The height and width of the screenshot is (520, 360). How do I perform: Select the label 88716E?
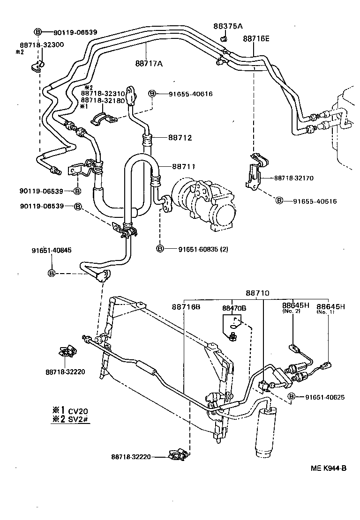pos(256,39)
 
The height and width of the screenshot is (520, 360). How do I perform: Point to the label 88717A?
pos(149,64)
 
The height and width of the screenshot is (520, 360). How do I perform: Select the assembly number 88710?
pos(257,293)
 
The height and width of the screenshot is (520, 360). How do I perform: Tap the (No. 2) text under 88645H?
pos(292,312)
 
